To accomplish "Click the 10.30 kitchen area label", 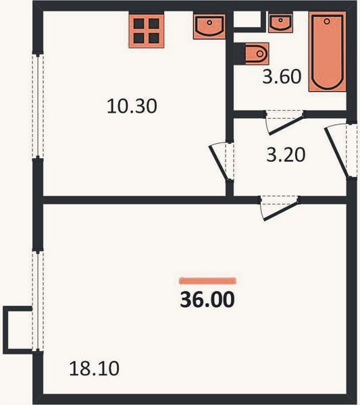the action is coord(132,106).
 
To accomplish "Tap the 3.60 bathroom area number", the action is coord(282,76).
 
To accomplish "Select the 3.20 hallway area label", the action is coord(286,155).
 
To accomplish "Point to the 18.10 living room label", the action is coord(95,369).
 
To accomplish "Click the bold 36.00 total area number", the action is coord(207,299).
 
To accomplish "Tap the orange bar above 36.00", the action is coord(207,281).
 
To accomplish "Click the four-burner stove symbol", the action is coord(147,31).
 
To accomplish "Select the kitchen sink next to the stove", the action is coord(209,26).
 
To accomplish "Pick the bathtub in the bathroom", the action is coord(328,52).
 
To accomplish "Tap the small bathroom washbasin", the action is coord(281,23).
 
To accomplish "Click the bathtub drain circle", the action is coord(327,21).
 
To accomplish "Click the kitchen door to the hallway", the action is coord(222,161).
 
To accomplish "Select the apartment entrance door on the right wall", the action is coord(340,151).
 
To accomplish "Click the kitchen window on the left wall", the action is coord(38,106).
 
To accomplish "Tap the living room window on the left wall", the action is coord(38,301).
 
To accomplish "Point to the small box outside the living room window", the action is coord(18,330).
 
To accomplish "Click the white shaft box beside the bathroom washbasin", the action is coord(247,19).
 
